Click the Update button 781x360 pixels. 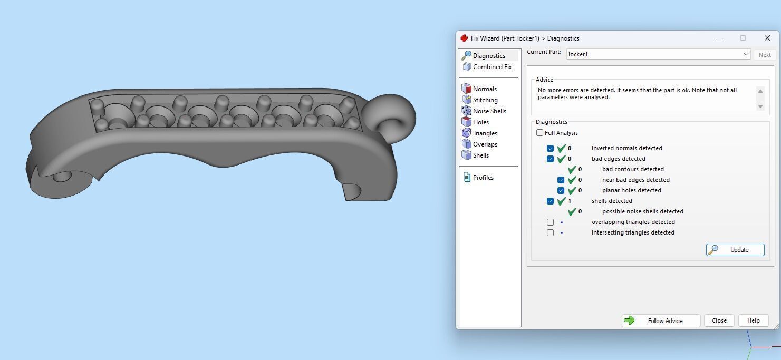735,250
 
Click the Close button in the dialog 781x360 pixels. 719,320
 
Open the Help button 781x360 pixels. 753,320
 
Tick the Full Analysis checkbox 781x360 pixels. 539,133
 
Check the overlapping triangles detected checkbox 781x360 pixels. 550,222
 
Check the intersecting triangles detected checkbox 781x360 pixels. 550,232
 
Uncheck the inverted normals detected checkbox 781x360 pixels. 550,148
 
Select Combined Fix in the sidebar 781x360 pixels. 492,67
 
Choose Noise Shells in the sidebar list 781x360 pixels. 489,111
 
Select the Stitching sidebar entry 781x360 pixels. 485,100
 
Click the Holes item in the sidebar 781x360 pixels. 480,122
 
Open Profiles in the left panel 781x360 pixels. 483,178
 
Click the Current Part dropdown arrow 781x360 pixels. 746,54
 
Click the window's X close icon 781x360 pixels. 767,38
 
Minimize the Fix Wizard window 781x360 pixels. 720,38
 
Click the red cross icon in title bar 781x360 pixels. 464,38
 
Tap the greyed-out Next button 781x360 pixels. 765,55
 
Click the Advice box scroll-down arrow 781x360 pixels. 760,106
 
